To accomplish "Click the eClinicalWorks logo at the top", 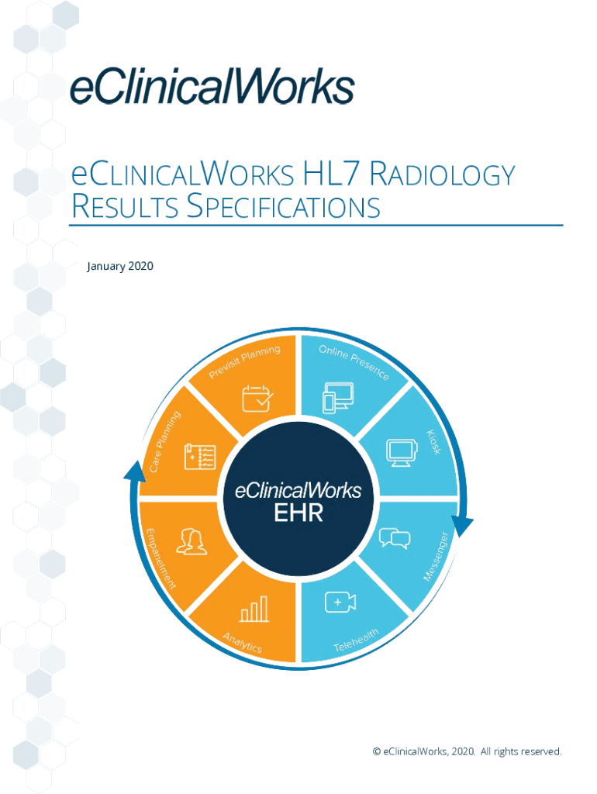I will (x=212, y=86).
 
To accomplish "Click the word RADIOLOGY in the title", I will (x=441, y=175).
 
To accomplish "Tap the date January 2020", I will (x=120, y=267).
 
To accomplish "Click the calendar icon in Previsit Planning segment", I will (x=257, y=398).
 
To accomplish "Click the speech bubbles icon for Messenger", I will (x=394, y=537).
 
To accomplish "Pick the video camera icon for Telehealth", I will (x=340, y=602).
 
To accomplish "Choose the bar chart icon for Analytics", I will (x=254, y=609).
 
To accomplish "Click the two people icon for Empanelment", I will (x=192, y=541).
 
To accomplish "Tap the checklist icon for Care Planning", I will (x=199, y=457).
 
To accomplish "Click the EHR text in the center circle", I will (x=298, y=513).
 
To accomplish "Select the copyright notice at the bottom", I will (x=467, y=751).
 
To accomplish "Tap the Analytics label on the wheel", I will (x=242, y=643).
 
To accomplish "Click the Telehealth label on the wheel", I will (x=356, y=640).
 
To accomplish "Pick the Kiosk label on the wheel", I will (x=434, y=441).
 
